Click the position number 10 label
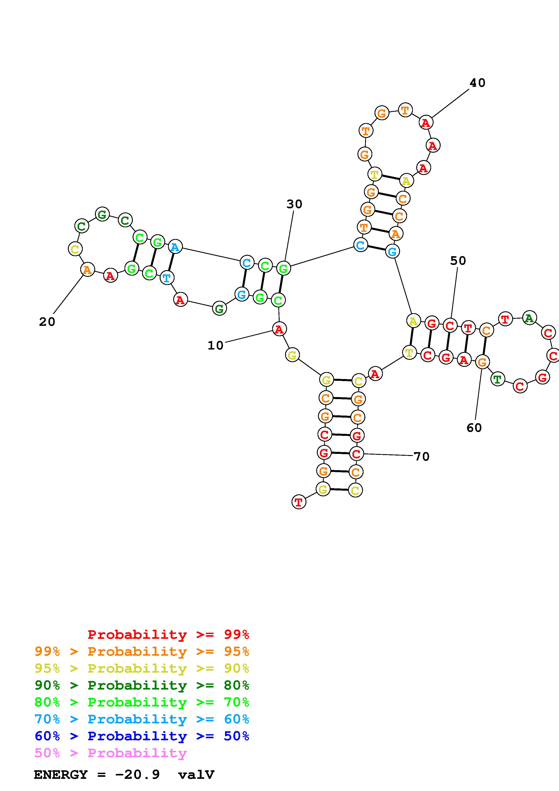click(215, 345)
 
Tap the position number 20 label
click(47, 322)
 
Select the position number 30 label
click(294, 204)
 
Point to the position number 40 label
click(477, 83)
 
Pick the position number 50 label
click(458, 261)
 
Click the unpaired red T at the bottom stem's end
click(299, 502)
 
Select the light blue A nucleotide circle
click(175, 247)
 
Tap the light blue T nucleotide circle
click(167, 277)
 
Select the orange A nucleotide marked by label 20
click(87, 269)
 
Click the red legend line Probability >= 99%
click(168, 635)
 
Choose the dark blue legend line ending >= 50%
click(142, 736)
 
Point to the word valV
click(196, 775)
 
